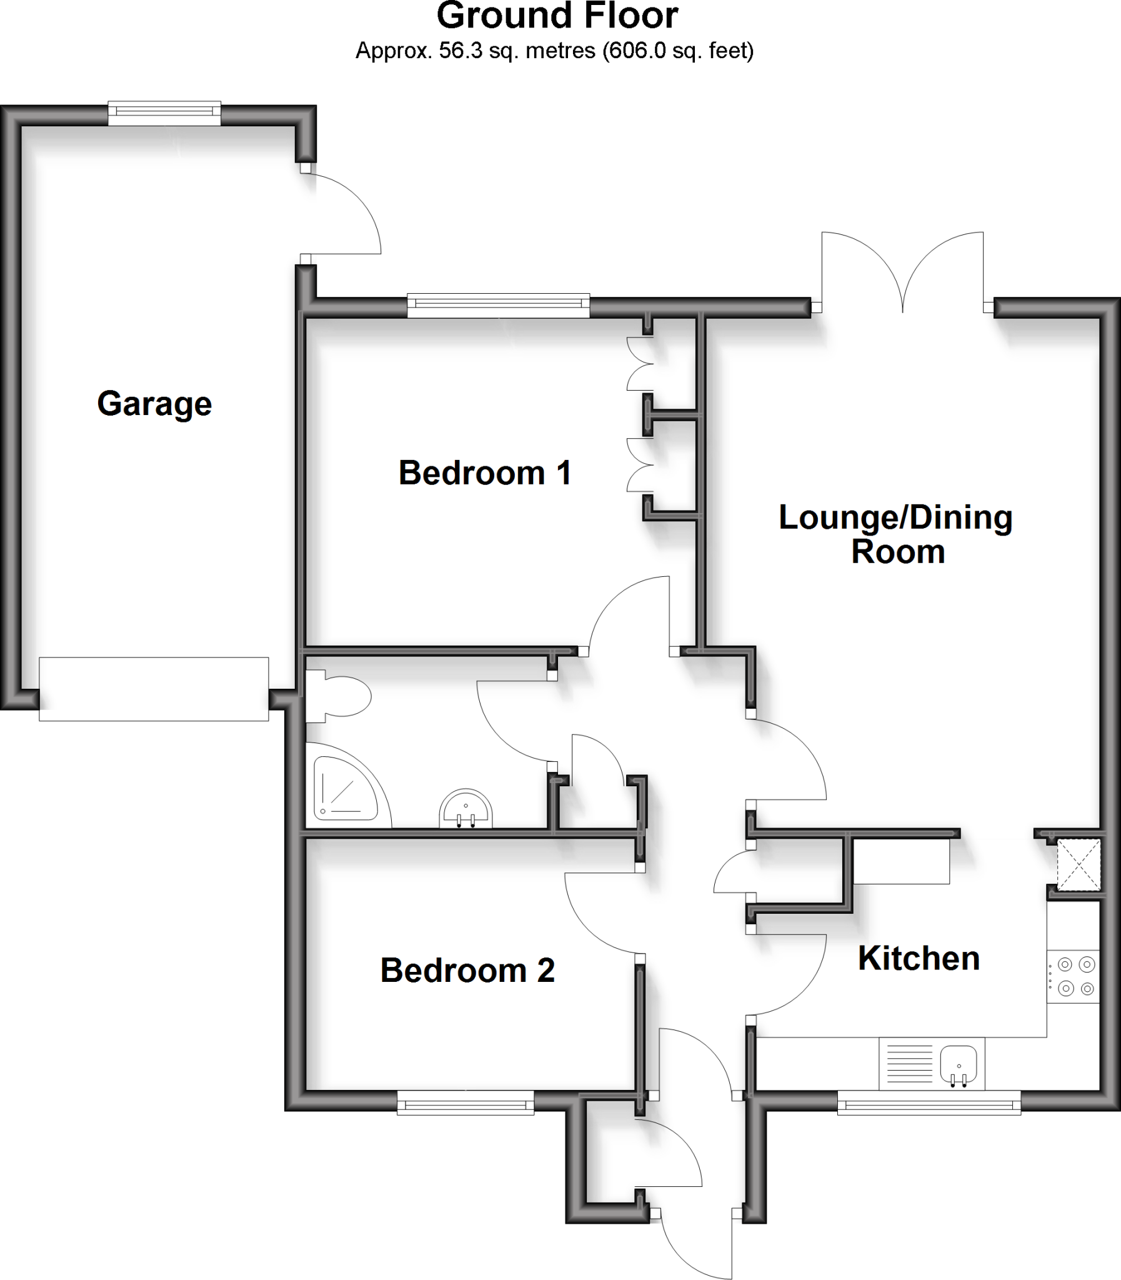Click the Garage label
pos(154,404)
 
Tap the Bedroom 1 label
pos(485,473)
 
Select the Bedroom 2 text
pos(467,971)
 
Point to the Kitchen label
pos(919,958)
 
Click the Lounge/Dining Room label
pos(896,534)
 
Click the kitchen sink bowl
pos(959,1063)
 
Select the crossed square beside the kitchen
pos(1078,864)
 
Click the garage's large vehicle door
pos(154,688)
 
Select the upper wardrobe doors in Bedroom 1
pos(639,364)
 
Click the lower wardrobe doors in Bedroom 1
pos(639,465)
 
